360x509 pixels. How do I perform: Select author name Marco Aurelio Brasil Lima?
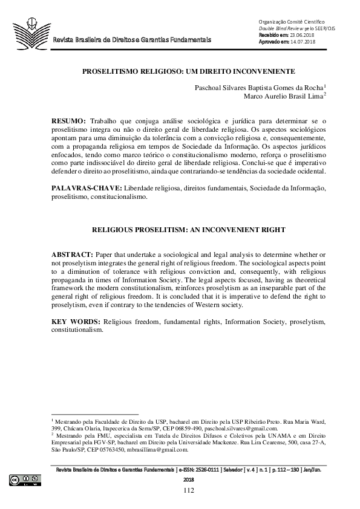(x=283, y=96)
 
